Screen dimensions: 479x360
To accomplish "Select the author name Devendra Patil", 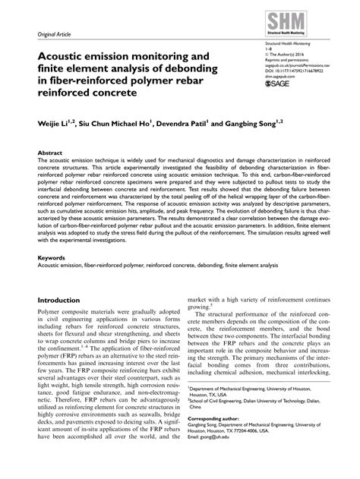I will (185, 121).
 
